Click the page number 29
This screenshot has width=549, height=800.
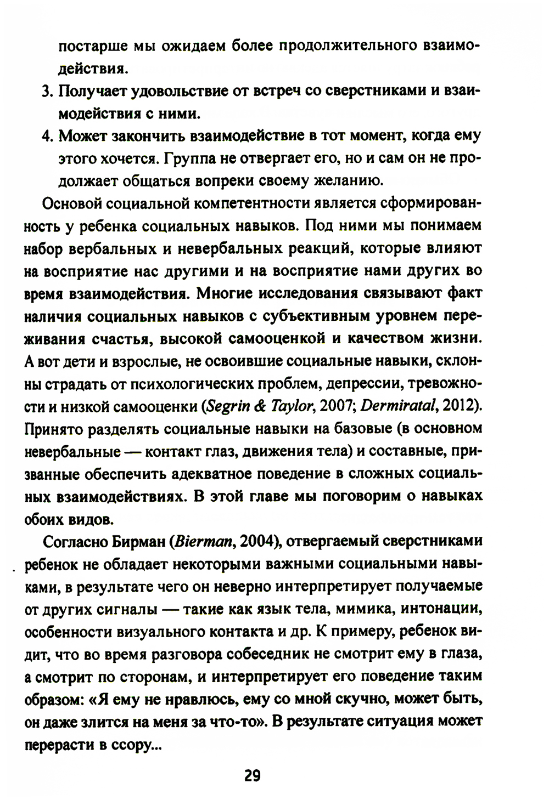(253, 776)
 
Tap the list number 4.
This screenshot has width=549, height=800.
(46, 136)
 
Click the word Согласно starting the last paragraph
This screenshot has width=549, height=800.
(72, 541)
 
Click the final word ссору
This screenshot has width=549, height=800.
(128, 745)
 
